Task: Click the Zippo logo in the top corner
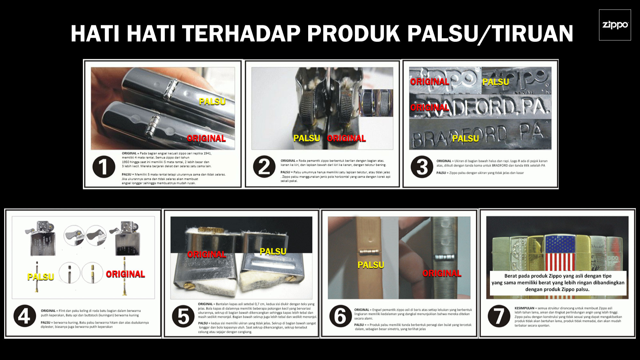point(615,25)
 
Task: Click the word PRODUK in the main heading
point(353,33)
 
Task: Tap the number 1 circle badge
point(104,167)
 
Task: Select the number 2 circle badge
point(264,167)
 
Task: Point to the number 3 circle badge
point(422,167)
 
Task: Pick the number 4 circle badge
point(25,316)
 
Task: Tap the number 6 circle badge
point(340,316)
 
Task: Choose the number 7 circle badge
point(499,316)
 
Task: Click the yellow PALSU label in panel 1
point(212,101)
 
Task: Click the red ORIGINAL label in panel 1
point(206,138)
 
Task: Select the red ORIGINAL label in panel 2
point(346,138)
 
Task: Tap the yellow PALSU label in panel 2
point(307,138)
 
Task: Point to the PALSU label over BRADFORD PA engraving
point(465,138)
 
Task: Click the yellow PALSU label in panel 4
point(41,277)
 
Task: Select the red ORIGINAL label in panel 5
point(206,254)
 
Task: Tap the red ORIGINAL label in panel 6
point(442,273)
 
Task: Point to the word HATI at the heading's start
point(95,33)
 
